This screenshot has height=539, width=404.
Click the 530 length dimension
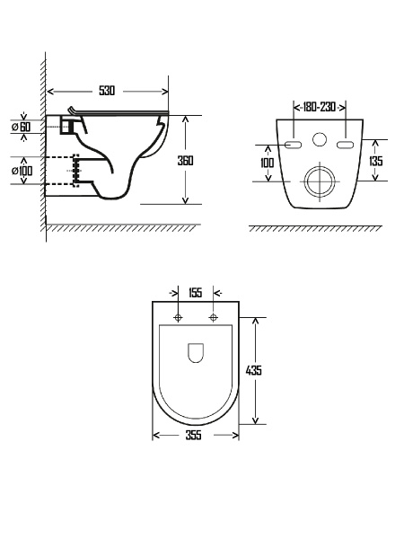point(107,91)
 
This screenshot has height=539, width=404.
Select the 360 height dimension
point(185,161)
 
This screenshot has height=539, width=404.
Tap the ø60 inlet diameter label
point(22,127)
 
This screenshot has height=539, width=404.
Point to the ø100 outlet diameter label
point(22,171)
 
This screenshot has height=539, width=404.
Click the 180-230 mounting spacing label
point(320,107)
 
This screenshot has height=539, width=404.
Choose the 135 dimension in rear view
point(375,161)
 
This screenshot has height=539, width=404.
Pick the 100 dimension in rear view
point(267,163)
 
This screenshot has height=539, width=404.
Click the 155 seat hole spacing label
point(195,293)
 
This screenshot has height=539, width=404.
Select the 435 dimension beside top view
point(254,370)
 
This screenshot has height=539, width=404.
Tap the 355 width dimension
point(193,435)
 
